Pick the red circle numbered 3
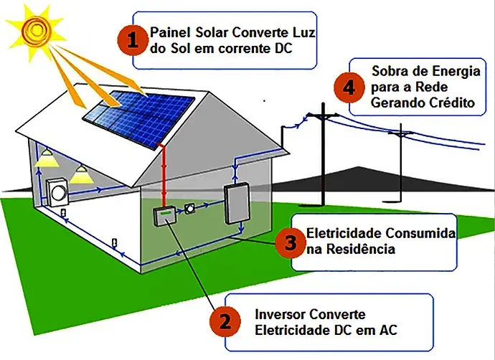coord(290,242)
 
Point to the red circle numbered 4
coord(349,87)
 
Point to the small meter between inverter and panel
coord(190,210)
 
